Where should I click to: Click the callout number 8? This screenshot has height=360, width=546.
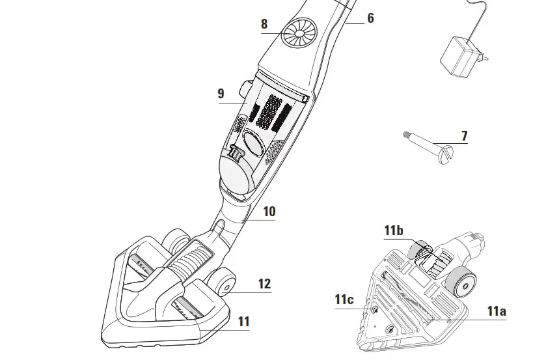(264, 25)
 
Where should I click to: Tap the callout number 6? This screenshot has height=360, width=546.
(370, 18)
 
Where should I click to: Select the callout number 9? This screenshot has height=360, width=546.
(221, 94)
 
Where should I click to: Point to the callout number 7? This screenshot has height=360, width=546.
(464, 136)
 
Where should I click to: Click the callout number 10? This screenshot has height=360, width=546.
(269, 212)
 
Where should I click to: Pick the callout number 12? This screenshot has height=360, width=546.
(264, 284)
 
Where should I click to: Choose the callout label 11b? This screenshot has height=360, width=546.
(393, 230)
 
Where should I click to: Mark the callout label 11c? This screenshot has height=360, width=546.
(344, 299)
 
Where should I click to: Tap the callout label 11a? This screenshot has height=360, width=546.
(496, 311)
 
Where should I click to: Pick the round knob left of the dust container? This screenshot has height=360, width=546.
(245, 87)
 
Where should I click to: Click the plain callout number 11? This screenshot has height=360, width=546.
(243, 322)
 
